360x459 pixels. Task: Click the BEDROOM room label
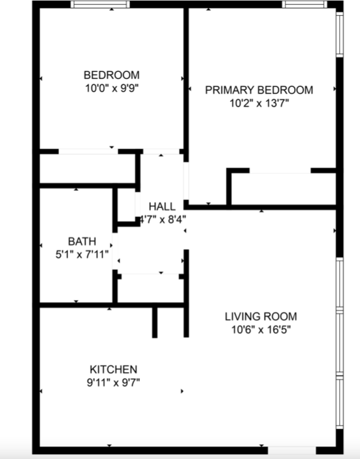111,75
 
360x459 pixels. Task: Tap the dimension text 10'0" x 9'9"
111,86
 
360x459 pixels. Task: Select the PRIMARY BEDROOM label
259,90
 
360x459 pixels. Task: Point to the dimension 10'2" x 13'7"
259,103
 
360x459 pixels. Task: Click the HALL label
161,207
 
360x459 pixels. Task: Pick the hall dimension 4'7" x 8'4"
163,219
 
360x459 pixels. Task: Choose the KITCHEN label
113,369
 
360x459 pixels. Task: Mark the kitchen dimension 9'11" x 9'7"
113,382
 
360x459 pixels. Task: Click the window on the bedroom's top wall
100,5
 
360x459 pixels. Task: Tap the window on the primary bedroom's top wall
304,5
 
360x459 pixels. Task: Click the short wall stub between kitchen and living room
155,322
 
